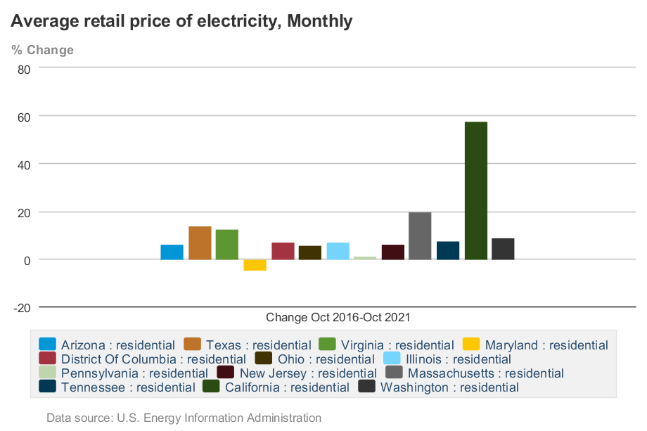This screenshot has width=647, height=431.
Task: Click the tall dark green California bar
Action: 476,191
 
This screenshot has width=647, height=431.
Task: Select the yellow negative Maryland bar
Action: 255,265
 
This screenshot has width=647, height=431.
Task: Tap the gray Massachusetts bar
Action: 420,236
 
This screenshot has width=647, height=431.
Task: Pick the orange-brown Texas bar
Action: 200,243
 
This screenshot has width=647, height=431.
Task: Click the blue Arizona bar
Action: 172,252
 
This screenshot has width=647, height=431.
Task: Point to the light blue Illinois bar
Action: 338,251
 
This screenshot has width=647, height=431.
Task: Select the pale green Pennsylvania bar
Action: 365,258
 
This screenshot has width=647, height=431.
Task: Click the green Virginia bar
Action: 227,245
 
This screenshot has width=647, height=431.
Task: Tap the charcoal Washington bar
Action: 503,249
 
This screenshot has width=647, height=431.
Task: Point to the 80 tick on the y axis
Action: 24,69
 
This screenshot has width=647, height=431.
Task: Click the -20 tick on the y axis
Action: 21,307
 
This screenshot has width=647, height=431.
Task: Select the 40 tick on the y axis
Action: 24,165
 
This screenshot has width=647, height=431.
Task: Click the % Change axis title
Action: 42,50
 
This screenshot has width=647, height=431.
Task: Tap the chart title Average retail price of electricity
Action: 181,21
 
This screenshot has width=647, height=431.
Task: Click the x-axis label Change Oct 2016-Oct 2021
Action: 338,317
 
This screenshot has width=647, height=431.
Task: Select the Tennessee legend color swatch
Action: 48,387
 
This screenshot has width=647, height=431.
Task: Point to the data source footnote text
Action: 184,418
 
